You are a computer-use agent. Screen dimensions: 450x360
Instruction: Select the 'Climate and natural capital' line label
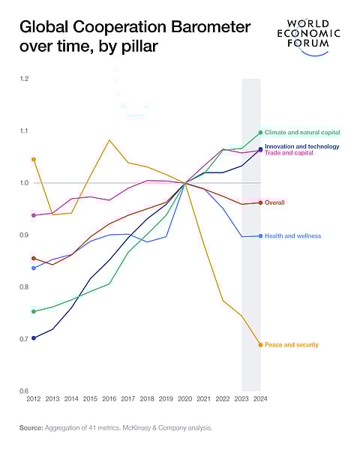pyautogui.click(x=302, y=132)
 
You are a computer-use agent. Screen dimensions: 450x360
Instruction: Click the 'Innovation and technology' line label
pyautogui.click(x=302, y=146)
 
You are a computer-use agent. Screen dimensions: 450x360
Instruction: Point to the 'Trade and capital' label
pyautogui.click(x=289, y=153)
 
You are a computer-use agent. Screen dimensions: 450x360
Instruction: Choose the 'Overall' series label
pyautogui.click(x=275, y=202)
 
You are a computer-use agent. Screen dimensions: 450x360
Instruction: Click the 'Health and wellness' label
pyautogui.click(x=292, y=235)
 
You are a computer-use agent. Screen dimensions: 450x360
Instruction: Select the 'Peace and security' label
pyautogui.click(x=291, y=345)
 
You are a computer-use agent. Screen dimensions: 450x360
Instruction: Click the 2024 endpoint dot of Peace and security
pyautogui.click(x=260, y=345)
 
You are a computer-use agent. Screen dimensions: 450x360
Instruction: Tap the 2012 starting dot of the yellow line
pyautogui.click(x=34, y=159)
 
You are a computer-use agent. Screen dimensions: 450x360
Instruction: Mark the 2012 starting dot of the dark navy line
pyautogui.click(x=34, y=338)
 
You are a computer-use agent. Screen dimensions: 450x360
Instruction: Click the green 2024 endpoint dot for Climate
pyautogui.click(x=260, y=132)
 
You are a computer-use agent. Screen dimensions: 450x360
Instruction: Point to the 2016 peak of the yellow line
pyautogui.click(x=109, y=140)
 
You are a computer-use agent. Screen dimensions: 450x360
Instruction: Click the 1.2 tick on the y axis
pyautogui.click(x=24, y=79)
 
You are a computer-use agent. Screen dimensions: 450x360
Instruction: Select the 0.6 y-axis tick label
pyautogui.click(x=24, y=391)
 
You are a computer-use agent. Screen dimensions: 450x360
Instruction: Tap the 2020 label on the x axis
pyautogui.click(x=184, y=398)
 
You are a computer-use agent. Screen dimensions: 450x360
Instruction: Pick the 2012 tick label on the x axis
pyautogui.click(x=34, y=398)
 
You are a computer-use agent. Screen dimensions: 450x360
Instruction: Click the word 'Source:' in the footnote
pyautogui.click(x=32, y=427)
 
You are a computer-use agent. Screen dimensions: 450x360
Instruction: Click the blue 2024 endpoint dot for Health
pyautogui.click(x=260, y=235)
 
